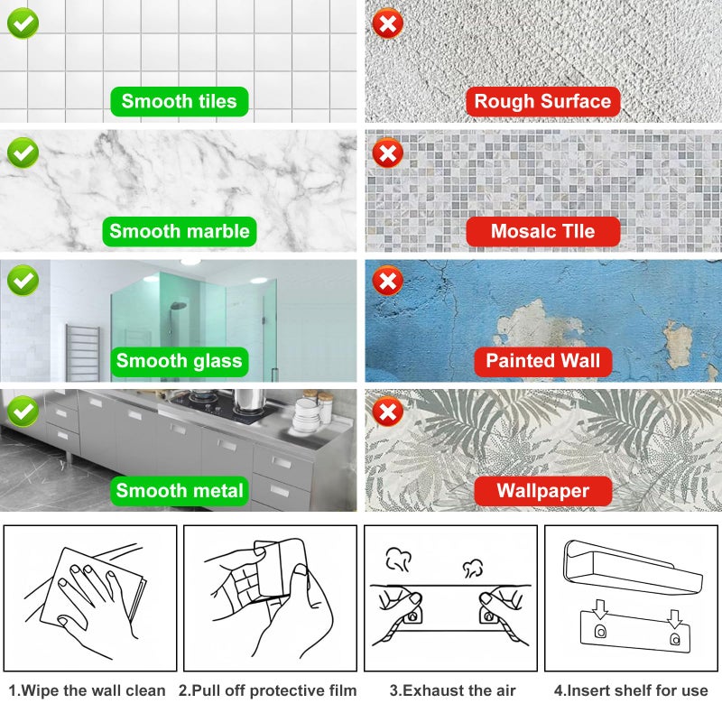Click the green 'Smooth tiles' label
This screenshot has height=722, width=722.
tap(179, 101)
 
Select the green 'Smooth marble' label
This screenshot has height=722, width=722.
tap(179, 231)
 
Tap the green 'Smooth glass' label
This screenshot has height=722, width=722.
tap(179, 361)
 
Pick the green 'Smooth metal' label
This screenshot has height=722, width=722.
tap(179, 491)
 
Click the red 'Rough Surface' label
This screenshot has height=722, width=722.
tap(542, 101)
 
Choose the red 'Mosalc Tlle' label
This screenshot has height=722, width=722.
tap(542, 231)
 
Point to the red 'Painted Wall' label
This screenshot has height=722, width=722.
tap(542, 361)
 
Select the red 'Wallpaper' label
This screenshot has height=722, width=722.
tap(542, 491)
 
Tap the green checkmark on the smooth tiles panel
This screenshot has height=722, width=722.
tap(23, 23)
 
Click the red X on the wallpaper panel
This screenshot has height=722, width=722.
tap(388, 413)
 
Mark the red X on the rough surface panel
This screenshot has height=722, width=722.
tap(388, 23)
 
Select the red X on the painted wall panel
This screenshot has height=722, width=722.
tap(388, 283)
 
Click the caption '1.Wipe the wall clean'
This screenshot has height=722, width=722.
tap(88, 690)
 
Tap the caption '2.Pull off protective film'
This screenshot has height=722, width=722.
tap(268, 690)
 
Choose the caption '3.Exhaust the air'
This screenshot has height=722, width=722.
tap(452, 690)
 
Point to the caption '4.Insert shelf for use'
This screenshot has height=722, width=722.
tap(632, 690)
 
